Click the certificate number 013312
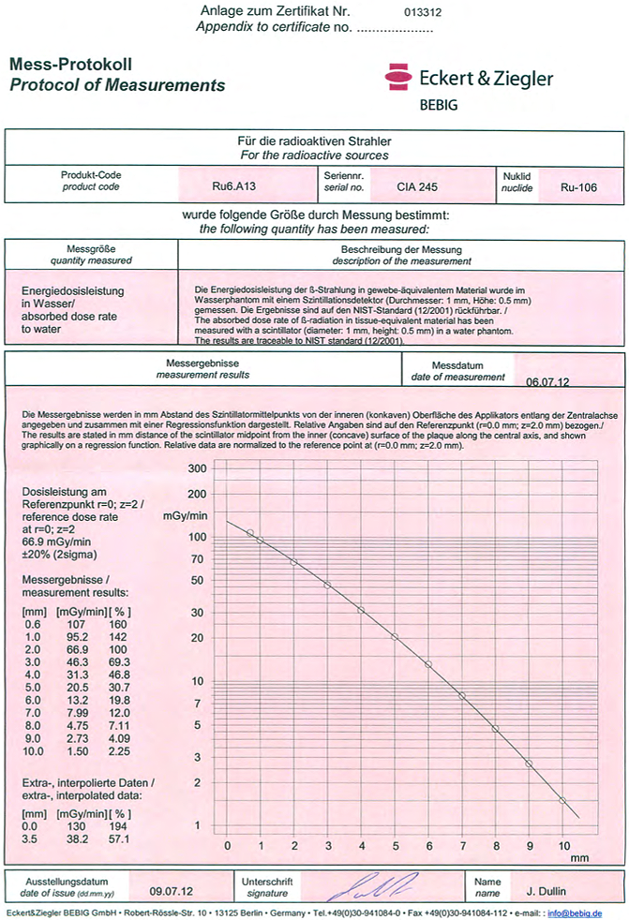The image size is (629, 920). [422, 13]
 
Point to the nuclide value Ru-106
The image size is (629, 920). [578, 186]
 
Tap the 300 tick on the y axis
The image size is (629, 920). [197, 467]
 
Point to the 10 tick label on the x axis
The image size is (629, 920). [562, 845]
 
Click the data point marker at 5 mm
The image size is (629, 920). [395, 637]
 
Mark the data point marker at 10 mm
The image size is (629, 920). [562, 800]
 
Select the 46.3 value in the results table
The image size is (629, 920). [70, 661]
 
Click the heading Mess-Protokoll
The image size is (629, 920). [70, 66]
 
